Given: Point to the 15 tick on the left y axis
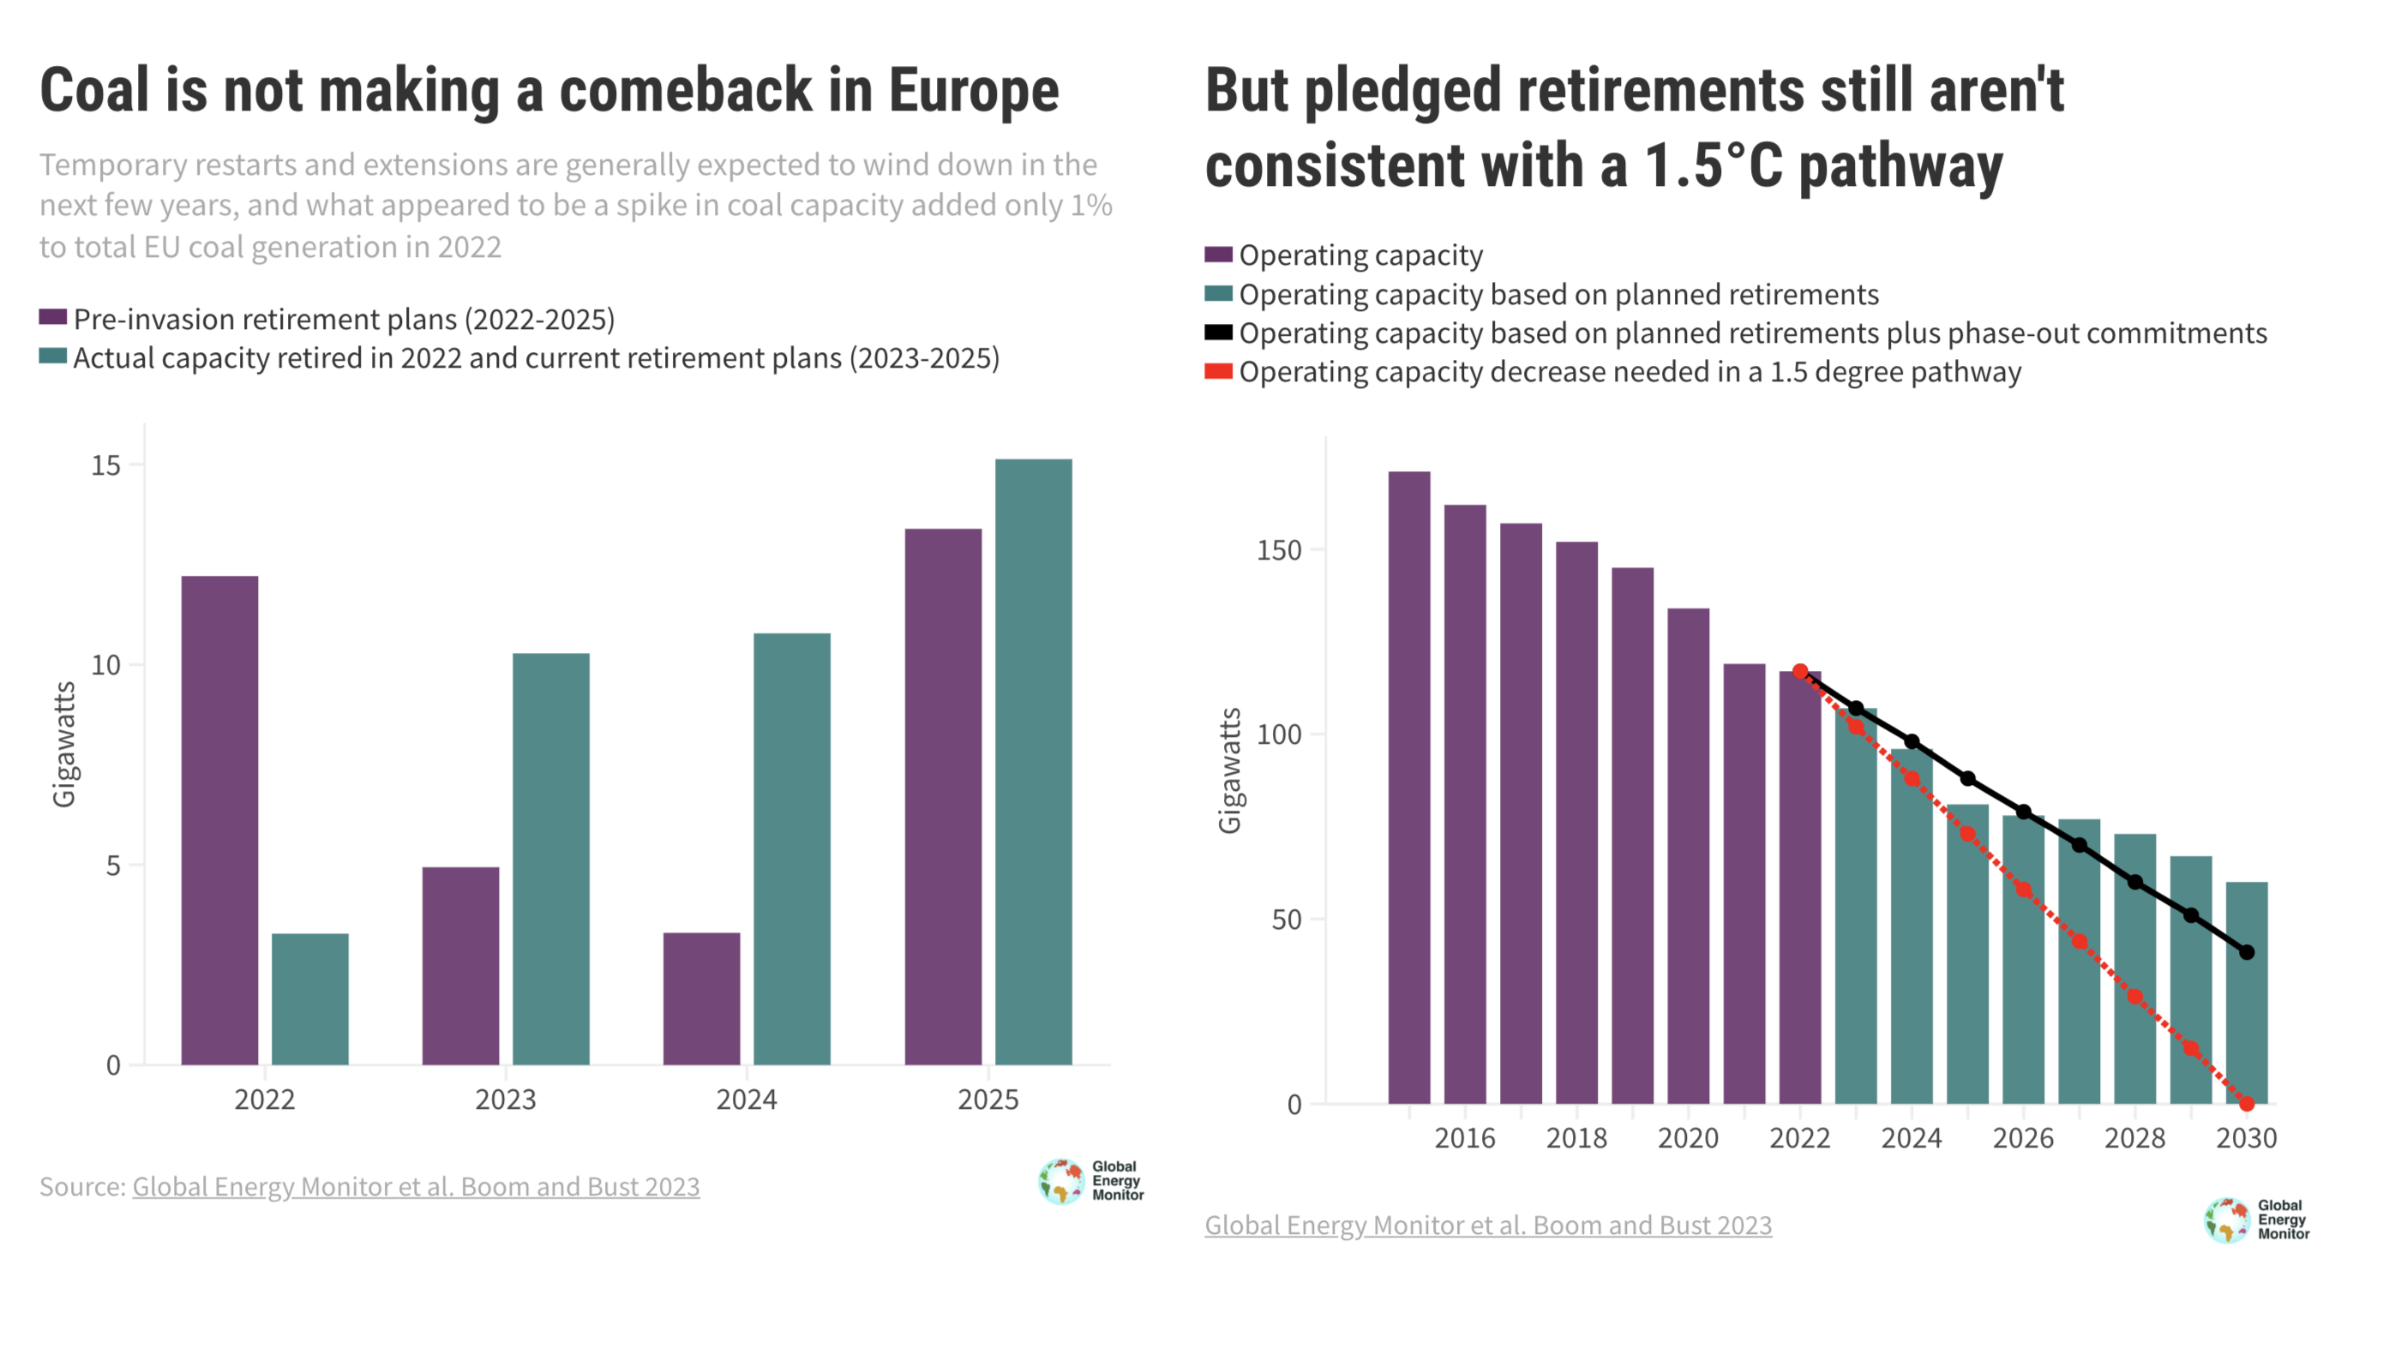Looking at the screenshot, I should coord(107,465).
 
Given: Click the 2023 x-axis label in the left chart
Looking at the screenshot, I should coord(505,1099).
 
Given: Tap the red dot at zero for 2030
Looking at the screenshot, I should coord(2246,1104).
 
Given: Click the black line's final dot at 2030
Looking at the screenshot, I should coord(2246,952).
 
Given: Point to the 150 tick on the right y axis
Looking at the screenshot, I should coord(1279,549).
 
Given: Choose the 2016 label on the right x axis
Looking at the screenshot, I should coord(1464,1137).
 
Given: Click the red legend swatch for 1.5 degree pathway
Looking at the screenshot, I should coord(1217,372).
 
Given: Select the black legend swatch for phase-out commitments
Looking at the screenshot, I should coord(1217,333).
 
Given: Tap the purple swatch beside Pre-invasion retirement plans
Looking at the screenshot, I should coord(52,318).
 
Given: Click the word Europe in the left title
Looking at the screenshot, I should coord(973,91).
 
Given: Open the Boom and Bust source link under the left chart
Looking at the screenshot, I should coord(416,1187).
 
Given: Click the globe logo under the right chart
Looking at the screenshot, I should coord(2226,1220).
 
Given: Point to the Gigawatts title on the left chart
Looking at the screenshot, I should coord(63,744).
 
